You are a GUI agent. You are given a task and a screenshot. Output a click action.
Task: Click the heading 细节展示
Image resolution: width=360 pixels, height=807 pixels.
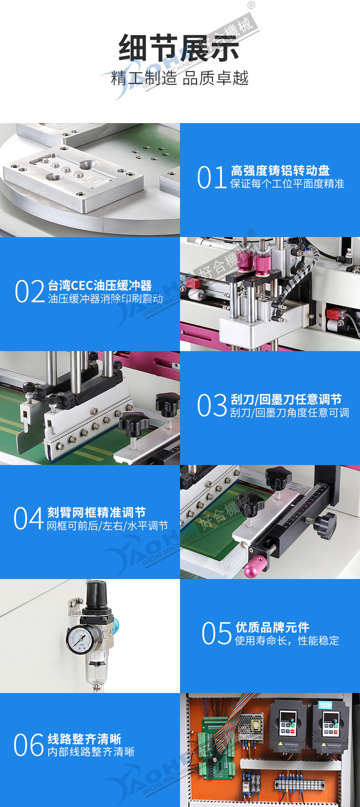point(179,48)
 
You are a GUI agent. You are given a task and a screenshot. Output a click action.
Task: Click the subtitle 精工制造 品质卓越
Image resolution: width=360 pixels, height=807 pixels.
point(180,78)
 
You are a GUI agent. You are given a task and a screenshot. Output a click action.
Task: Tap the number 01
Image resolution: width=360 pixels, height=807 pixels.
point(212,177)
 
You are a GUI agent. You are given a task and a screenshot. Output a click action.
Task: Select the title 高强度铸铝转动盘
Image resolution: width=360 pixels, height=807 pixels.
point(280,171)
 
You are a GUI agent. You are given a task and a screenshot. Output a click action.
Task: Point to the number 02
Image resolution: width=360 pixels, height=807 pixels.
point(30,292)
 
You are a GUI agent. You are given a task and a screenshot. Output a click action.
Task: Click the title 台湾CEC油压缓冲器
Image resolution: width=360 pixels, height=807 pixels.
point(100,285)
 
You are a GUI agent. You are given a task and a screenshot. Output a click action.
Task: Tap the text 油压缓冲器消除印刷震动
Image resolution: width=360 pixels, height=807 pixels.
point(105,299)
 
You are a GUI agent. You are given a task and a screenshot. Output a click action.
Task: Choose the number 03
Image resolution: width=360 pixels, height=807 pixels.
point(212,405)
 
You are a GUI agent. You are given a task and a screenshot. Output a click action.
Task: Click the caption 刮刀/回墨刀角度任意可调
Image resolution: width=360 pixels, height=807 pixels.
point(290,413)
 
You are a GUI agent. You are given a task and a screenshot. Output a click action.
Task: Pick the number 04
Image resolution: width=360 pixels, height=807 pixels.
point(29,519)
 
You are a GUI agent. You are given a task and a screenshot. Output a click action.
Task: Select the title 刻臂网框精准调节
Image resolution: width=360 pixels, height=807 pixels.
point(97,512)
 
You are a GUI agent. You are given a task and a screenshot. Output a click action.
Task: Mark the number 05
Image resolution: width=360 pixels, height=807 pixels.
point(217,633)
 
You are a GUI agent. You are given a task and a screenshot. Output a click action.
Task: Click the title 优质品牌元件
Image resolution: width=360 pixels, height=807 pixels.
point(273,627)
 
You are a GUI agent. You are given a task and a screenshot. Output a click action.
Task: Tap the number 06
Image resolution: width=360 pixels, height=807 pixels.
point(29,745)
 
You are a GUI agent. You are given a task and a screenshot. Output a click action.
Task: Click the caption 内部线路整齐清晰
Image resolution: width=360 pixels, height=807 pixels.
point(91,752)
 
